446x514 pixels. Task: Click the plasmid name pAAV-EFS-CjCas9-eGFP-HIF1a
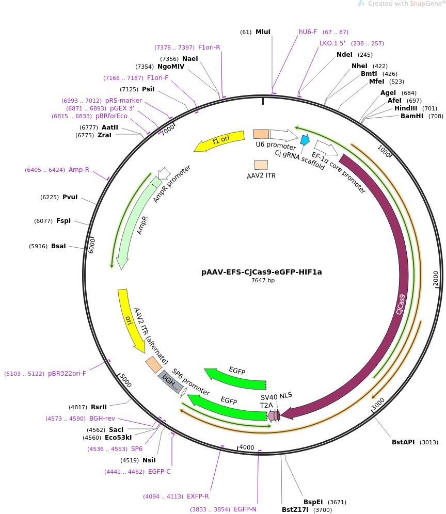pos(261,272)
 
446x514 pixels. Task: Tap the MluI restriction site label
pos(263,32)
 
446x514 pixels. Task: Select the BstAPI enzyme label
pos(403,442)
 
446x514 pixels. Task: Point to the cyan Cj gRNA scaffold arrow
pos(305,140)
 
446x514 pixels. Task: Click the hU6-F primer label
pos(308,32)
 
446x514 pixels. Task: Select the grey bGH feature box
pos(170,382)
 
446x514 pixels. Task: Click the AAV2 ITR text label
pos(261,175)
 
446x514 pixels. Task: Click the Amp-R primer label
pos(79,169)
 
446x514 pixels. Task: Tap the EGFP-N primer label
pos(245,509)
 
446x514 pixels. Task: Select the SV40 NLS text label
pos(276,396)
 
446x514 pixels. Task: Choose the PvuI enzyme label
pos(70,197)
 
